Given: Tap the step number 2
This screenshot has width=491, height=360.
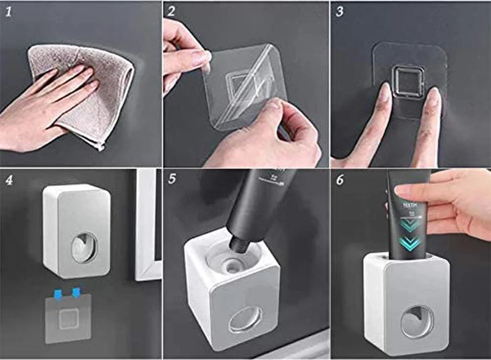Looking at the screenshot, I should pos(172,11).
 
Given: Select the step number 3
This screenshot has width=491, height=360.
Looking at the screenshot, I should pos(339,11).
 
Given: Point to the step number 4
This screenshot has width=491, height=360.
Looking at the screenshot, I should pos(8,181).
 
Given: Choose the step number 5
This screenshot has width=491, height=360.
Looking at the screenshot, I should pos(172,180).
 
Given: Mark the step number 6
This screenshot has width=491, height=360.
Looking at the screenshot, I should pos(340,180).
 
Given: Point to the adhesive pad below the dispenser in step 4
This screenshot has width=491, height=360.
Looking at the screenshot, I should pos(68,318).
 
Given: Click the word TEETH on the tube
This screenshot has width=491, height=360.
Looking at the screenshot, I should pos(408,206).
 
